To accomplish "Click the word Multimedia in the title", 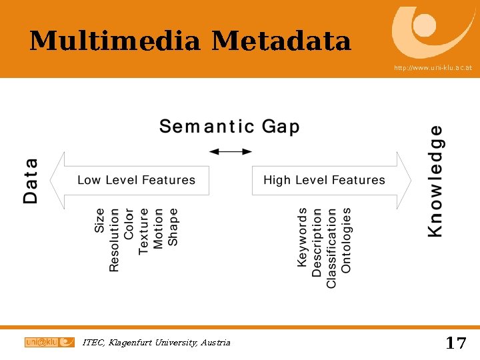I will [115, 41].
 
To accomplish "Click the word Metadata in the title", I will [281, 41].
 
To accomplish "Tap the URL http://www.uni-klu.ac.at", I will [433, 68].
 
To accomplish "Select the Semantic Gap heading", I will [229, 127].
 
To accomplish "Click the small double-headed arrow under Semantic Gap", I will [231, 152].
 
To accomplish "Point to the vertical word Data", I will [31, 180].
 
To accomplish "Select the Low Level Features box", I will [136, 180].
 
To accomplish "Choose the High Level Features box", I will [324, 180].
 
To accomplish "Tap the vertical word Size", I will [100, 221].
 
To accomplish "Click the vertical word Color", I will [129, 223].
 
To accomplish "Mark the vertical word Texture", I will [144, 231].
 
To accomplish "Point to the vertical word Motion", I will [159, 229].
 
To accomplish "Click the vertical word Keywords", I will [303, 237].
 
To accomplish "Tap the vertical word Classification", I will [332, 247].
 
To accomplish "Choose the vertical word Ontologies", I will [347, 240].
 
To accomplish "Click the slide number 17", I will [455, 343].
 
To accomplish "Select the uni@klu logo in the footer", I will [49, 342].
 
